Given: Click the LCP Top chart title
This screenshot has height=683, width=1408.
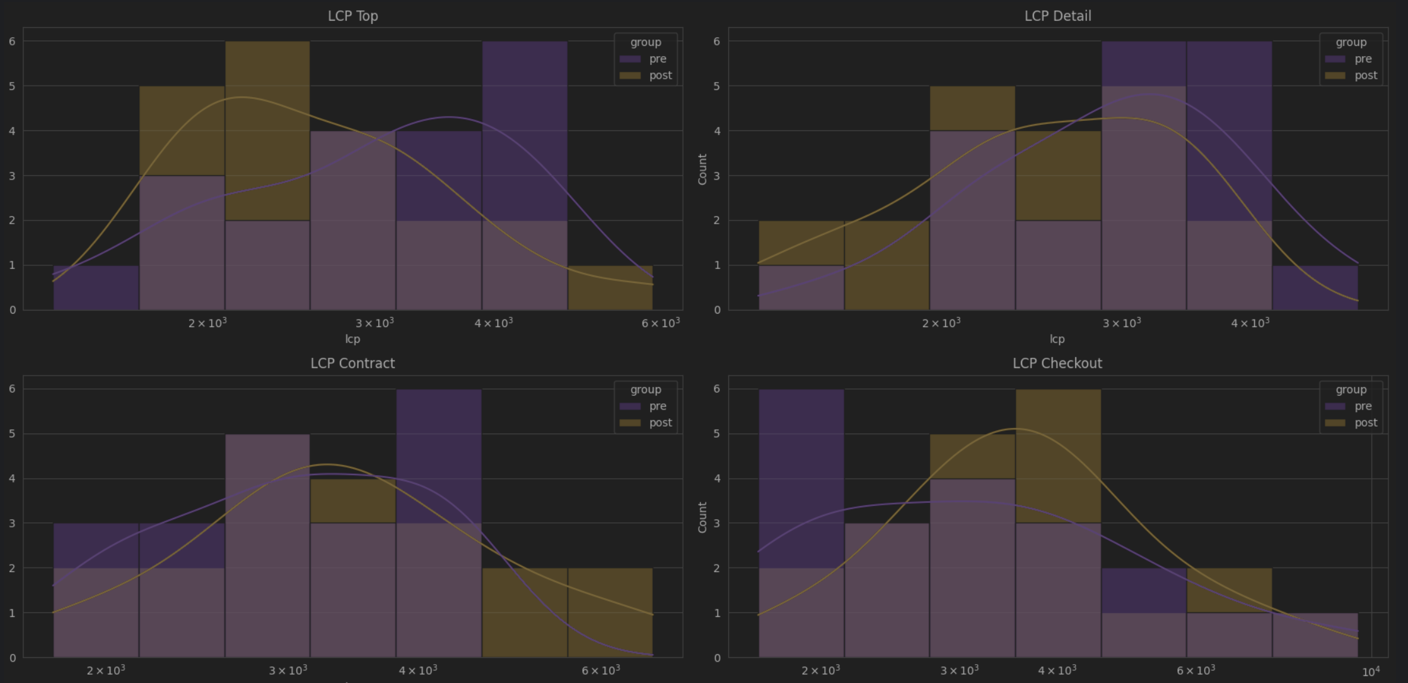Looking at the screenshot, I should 352,16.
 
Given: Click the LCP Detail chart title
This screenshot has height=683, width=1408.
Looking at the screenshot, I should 1057,16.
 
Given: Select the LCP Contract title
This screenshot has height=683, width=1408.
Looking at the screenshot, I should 352,364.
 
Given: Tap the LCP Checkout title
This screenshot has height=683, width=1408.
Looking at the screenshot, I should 1057,364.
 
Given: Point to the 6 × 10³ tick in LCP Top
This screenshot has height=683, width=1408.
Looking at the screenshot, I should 660,323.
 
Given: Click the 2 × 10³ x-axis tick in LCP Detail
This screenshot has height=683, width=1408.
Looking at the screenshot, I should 941,323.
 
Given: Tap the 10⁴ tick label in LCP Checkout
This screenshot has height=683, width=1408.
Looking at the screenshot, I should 1371,672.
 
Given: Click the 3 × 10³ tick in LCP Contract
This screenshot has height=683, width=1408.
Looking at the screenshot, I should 288,670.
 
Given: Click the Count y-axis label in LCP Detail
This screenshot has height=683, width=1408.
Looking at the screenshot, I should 702,169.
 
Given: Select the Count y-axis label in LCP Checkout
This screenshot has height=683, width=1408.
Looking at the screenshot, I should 702,517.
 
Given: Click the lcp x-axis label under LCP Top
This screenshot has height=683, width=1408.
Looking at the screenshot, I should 352,339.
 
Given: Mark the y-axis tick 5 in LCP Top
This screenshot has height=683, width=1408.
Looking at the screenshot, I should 12,86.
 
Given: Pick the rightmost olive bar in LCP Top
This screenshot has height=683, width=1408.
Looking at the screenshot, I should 610,287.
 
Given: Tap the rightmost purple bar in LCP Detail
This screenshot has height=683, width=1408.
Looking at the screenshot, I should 1315,287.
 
